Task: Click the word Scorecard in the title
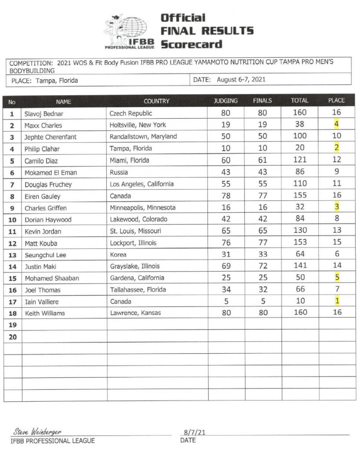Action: pyautogui.click(x=191, y=44)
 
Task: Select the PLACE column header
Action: pyautogui.click(x=336, y=101)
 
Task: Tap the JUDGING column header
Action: pyautogui.click(x=225, y=101)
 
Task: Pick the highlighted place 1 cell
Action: pyautogui.click(x=336, y=301)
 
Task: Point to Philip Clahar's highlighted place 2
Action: pyautogui.click(x=336, y=147)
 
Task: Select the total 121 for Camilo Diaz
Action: pyautogui.click(x=299, y=160)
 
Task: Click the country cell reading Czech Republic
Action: pyautogui.click(x=131, y=113)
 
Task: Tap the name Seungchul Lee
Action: pyautogui.click(x=45, y=254)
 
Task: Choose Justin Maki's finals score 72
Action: pyautogui.click(x=262, y=265)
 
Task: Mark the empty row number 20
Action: pyautogui.click(x=12, y=337)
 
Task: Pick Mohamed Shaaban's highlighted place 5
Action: pyautogui.click(x=336, y=277)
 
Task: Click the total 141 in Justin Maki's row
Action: pyautogui.click(x=299, y=265)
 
